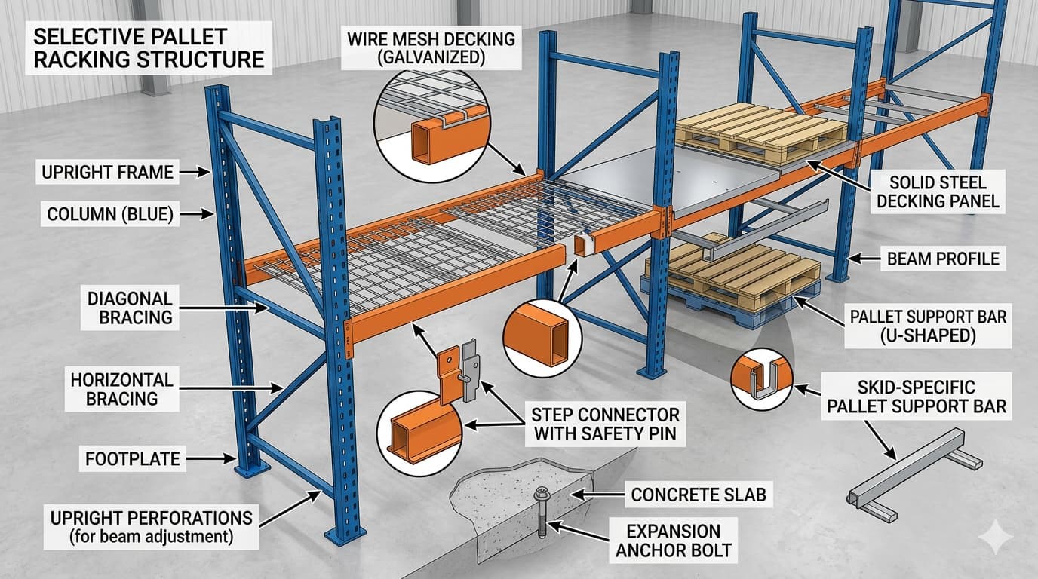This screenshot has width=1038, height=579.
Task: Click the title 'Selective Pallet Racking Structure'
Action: pos(149,47)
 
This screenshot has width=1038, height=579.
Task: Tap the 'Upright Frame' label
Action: pos(106,173)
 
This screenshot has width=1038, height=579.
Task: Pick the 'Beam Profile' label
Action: pos(943,259)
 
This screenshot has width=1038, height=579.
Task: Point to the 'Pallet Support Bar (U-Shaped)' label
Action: pos(928,326)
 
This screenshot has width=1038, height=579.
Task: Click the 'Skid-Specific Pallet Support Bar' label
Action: pos(916,397)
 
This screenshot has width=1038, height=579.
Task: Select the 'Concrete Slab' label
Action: pos(698,495)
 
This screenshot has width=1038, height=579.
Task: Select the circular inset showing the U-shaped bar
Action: pos(762,378)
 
